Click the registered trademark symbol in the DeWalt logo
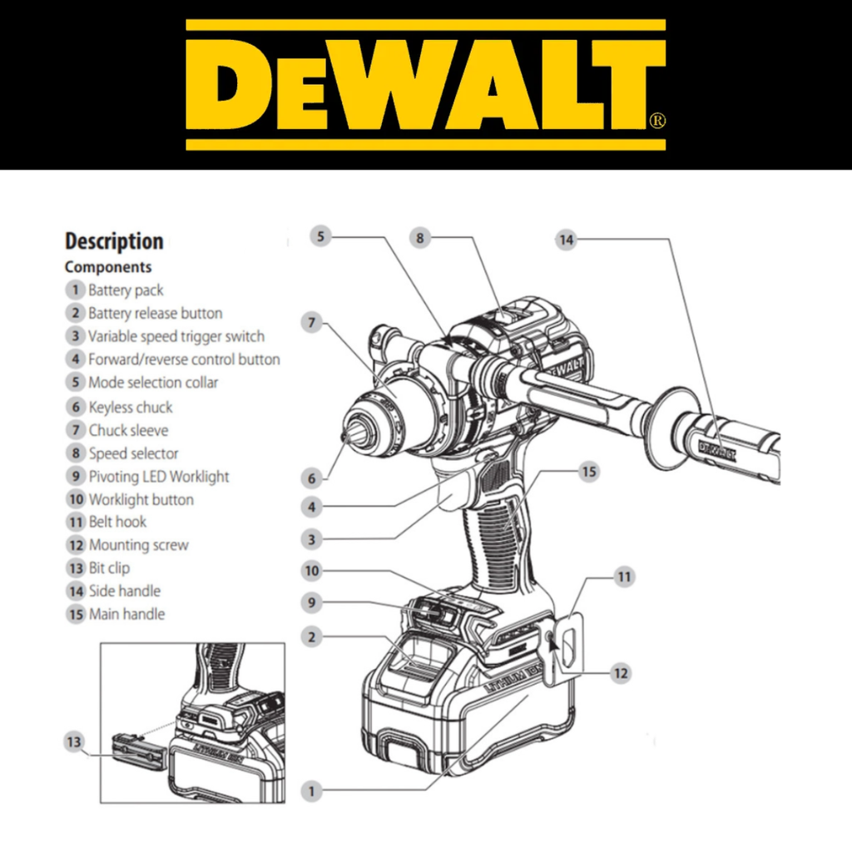point(657,120)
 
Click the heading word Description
point(114,241)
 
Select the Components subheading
point(108,267)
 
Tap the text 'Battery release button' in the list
point(156,313)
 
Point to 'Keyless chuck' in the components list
point(131,407)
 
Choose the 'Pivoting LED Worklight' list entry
point(159,477)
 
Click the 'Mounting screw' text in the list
point(139,544)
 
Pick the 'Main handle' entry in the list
point(126,614)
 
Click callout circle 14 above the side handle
point(566,240)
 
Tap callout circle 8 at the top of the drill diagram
point(420,238)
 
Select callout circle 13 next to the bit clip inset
point(74,742)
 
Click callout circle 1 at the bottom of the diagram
point(311,791)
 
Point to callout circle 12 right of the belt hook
point(621,674)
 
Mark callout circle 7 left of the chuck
point(311,323)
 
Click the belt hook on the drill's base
point(568,646)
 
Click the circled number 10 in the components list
point(76,499)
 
